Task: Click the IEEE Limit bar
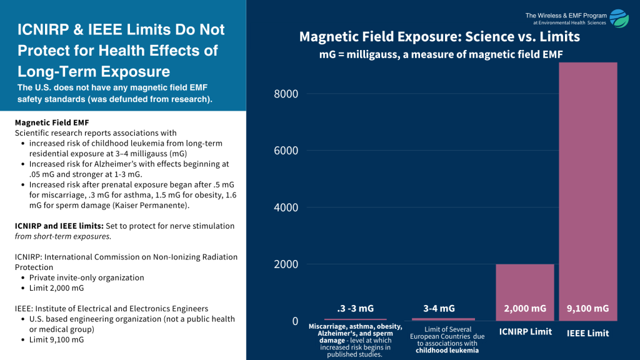587,187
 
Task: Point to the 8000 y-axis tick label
286,94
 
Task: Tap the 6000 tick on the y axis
286,151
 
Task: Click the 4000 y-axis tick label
286,207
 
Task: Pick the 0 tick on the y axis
295,321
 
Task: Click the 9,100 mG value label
587,308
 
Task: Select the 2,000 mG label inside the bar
524,308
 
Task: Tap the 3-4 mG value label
439,308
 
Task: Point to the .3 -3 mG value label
355,308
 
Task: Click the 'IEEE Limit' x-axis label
587,333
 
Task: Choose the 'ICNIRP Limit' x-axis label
525,331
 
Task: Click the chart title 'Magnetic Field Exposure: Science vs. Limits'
439,37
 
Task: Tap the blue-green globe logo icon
619,19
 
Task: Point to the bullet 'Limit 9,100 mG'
56,339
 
